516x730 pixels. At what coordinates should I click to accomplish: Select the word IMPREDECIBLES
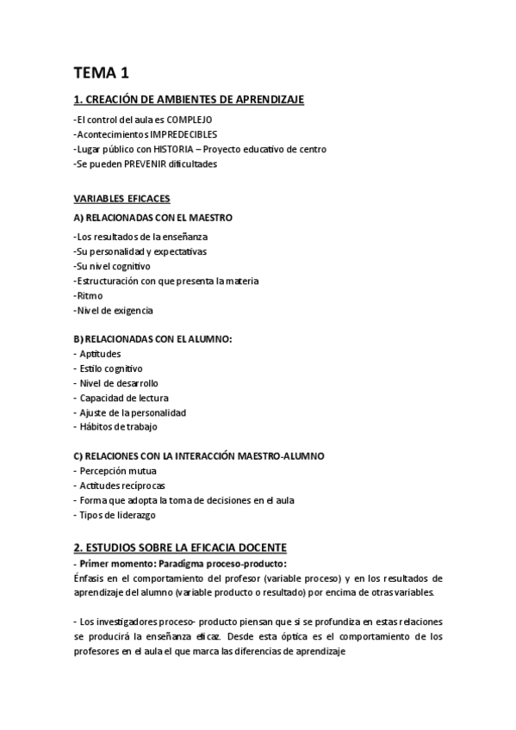183,134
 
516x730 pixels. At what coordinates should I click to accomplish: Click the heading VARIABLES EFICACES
121,199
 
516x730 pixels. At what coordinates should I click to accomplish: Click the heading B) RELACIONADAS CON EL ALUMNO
152,339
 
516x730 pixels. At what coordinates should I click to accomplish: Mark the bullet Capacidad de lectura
123,398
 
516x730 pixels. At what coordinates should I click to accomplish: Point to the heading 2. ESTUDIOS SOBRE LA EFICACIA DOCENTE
180,547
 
